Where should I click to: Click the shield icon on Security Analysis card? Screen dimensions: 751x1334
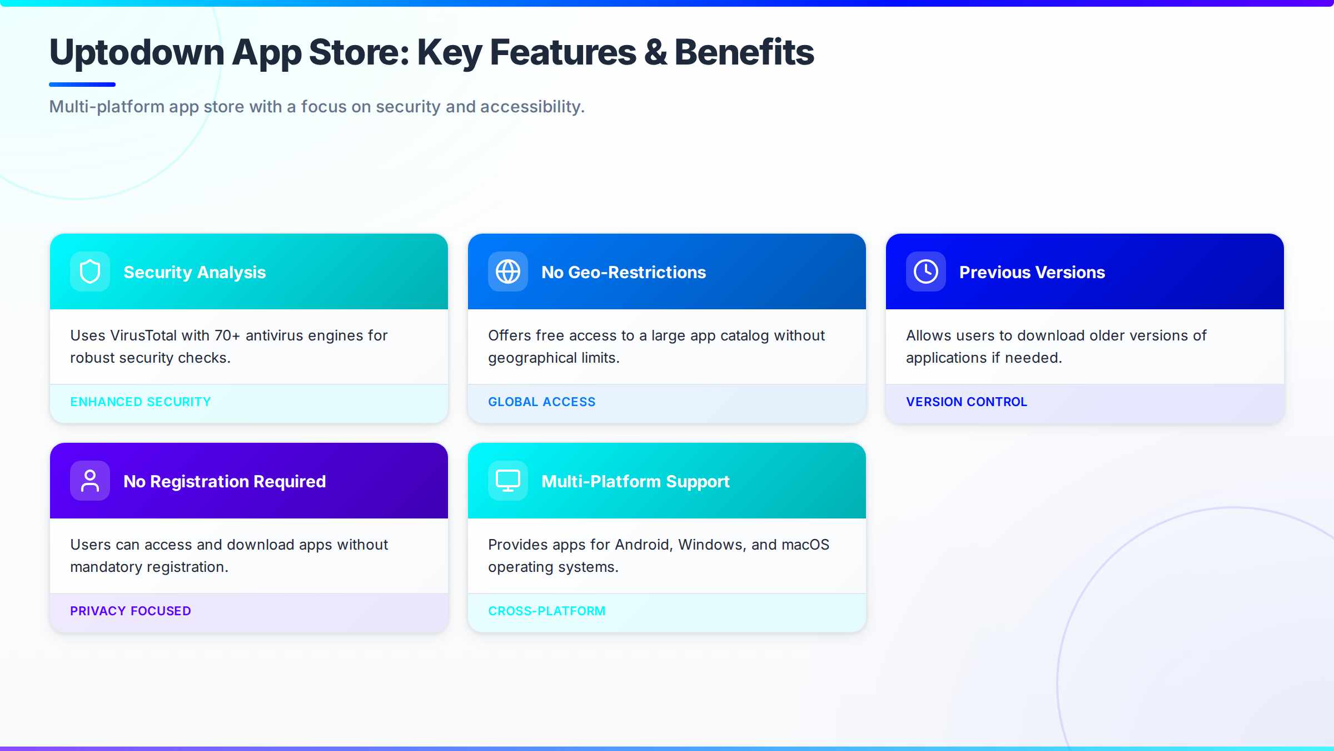coord(90,272)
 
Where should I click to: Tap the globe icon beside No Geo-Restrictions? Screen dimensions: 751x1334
coord(508,272)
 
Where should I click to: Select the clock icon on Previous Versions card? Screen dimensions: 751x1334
coord(926,272)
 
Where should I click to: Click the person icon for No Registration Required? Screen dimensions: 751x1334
coord(90,481)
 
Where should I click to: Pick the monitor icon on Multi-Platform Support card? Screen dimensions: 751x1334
coord(508,481)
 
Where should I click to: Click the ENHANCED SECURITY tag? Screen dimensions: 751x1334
coord(141,402)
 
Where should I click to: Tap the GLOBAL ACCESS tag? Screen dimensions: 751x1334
coord(541,402)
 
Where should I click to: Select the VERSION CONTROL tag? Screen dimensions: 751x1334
coord(967,402)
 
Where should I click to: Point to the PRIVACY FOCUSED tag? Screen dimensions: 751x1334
coord(131,611)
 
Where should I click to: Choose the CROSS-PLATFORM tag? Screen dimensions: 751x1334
coord(547,611)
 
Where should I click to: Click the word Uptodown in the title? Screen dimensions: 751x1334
coord(137,52)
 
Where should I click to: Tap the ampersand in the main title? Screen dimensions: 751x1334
coord(655,52)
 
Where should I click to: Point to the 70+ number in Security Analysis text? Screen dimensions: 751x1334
coord(227,335)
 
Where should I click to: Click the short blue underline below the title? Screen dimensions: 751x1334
coord(82,85)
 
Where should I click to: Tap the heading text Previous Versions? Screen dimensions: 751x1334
coord(1032,272)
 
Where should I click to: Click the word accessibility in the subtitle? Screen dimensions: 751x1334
coord(532,106)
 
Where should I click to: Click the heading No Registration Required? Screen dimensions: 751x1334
coord(225,481)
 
